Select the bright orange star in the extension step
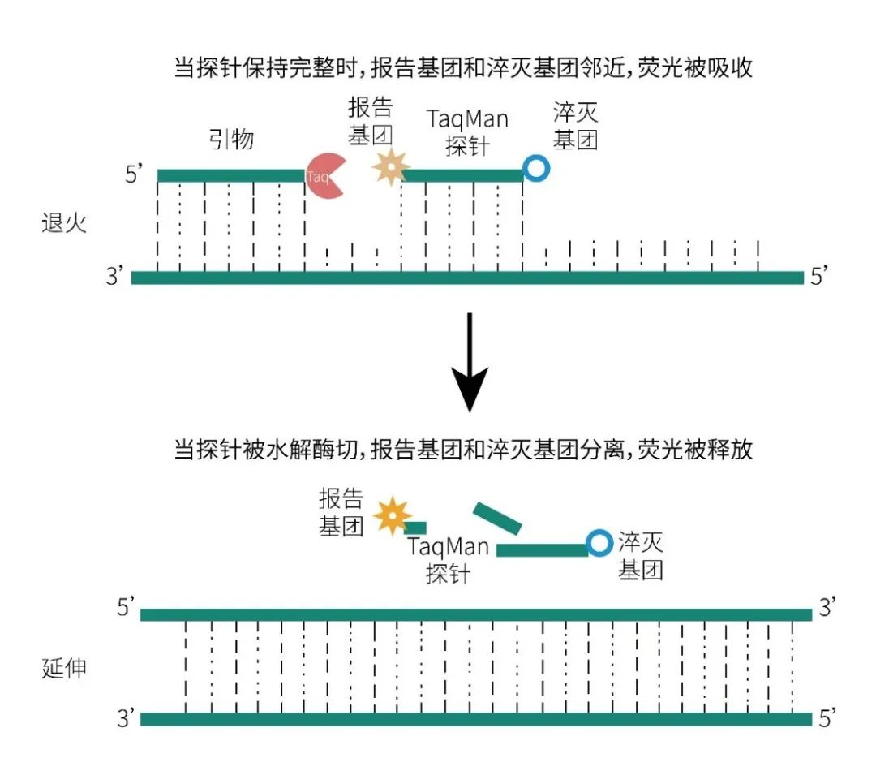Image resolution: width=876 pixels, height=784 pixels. point(393,516)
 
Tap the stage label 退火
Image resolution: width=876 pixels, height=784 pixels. point(63,223)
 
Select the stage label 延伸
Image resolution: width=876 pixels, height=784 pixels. point(63,670)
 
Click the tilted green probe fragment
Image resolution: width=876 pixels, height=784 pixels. point(497,519)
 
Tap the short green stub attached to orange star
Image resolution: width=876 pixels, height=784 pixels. point(415,528)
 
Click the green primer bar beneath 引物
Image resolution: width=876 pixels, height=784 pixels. point(230,175)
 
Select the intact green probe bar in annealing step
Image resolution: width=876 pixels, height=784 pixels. point(462,175)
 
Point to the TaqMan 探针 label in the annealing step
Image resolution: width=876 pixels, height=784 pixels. point(468,132)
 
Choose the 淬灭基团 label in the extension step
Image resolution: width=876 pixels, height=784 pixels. point(641,556)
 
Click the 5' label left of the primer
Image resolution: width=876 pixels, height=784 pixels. point(135,175)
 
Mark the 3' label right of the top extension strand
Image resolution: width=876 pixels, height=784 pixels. point(828,609)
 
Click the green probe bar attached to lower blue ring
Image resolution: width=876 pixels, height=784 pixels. point(542,550)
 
